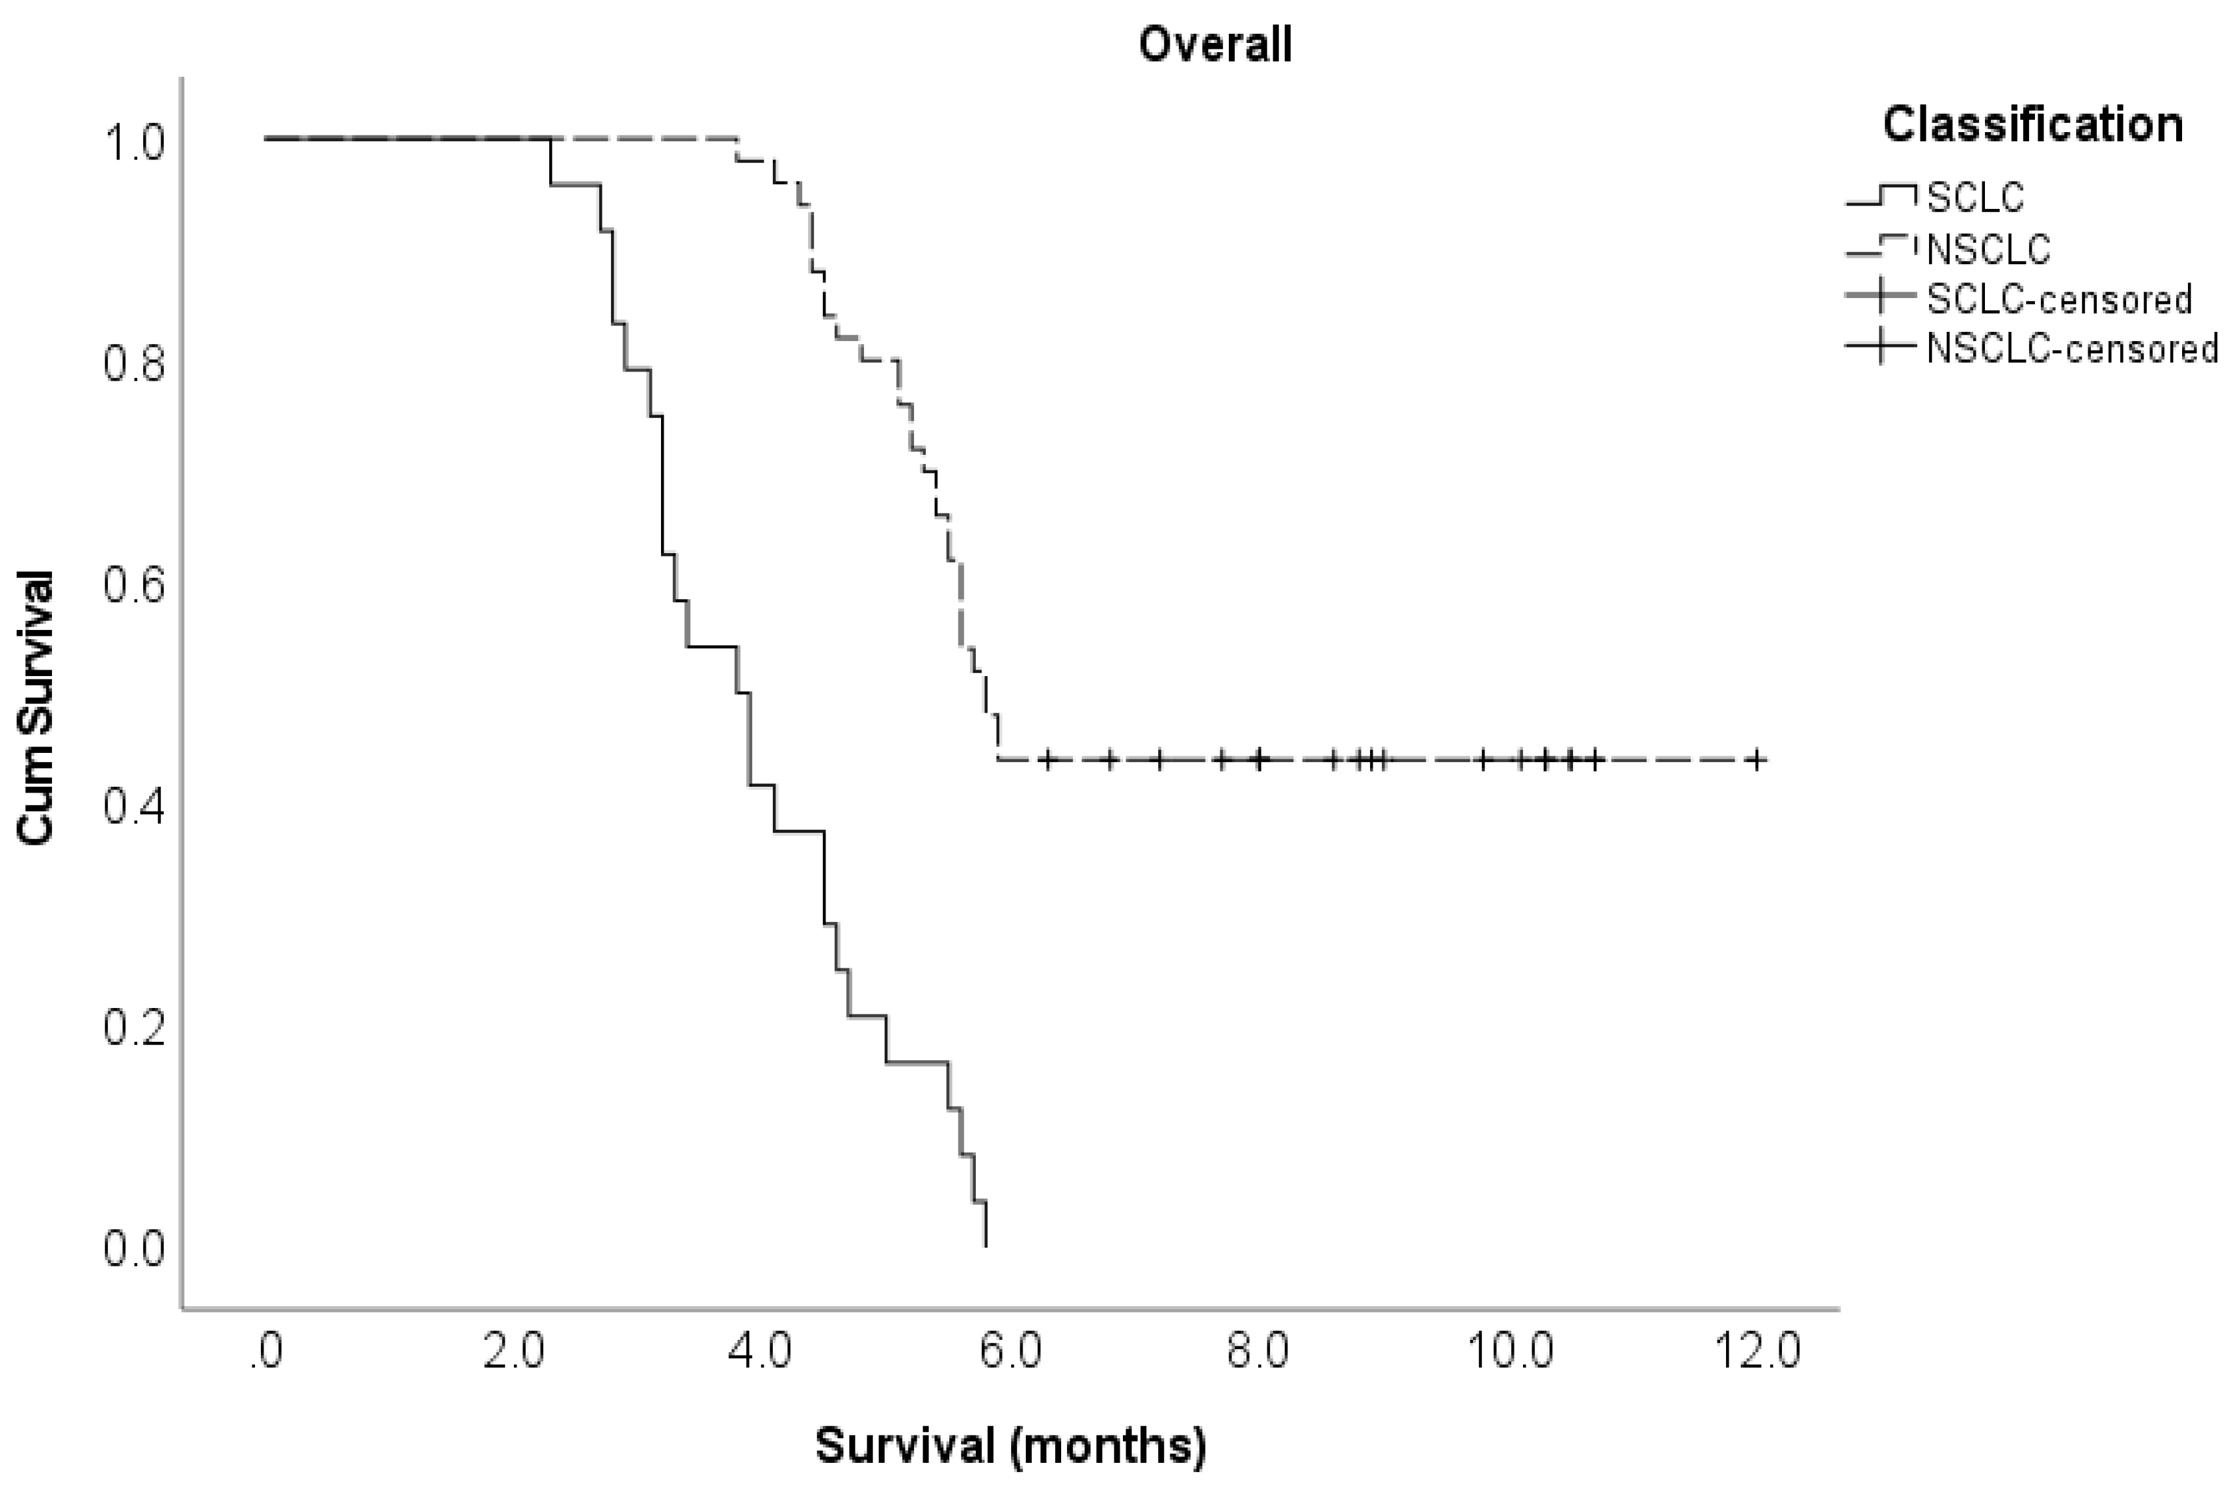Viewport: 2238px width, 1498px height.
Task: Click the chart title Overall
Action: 1215,45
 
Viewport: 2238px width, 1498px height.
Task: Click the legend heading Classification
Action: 2032,125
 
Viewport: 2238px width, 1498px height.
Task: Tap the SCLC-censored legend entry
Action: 2058,299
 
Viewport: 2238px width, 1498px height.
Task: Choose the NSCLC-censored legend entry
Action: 2071,349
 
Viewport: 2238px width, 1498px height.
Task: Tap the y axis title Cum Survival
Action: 35,707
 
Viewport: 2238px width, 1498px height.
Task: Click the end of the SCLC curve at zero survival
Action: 985,1245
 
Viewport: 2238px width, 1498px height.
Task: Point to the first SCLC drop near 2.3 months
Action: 551,163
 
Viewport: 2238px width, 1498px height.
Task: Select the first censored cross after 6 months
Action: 1049,759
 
